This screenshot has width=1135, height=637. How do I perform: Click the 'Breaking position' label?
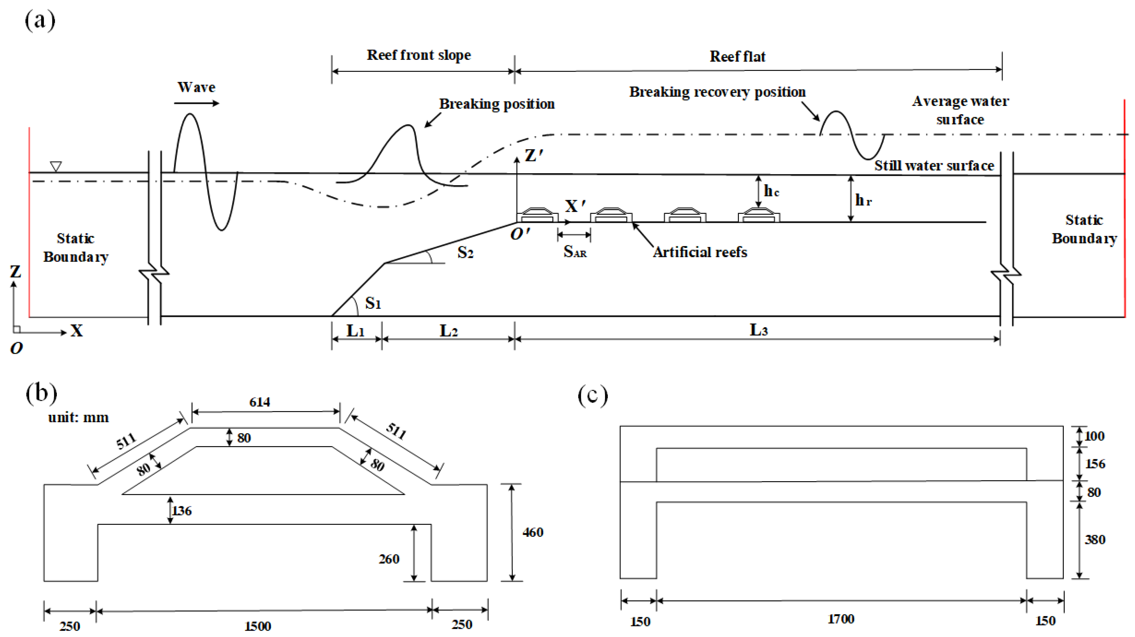tap(497, 104)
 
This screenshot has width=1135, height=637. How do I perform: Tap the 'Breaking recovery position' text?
tap(717, 92)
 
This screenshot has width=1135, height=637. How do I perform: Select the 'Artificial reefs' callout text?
tap(700, 252)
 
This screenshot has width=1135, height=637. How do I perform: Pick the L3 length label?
tap(758, 330)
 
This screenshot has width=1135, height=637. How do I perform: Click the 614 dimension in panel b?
tap(260, 402)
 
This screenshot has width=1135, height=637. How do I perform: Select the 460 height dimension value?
tap(533, 532)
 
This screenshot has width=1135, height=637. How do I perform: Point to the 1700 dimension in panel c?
tap(841, 619)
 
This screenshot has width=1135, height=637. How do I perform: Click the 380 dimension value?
tap(1094, 540)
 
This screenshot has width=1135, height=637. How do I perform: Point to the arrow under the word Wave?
tap(197, 103)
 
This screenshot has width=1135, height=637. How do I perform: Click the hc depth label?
tap(771, 191)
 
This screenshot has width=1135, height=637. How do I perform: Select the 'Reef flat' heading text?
tap(737, 57)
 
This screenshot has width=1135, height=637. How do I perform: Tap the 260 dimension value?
tap(389, 559)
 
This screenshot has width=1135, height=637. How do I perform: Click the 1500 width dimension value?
tap(258, 626)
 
